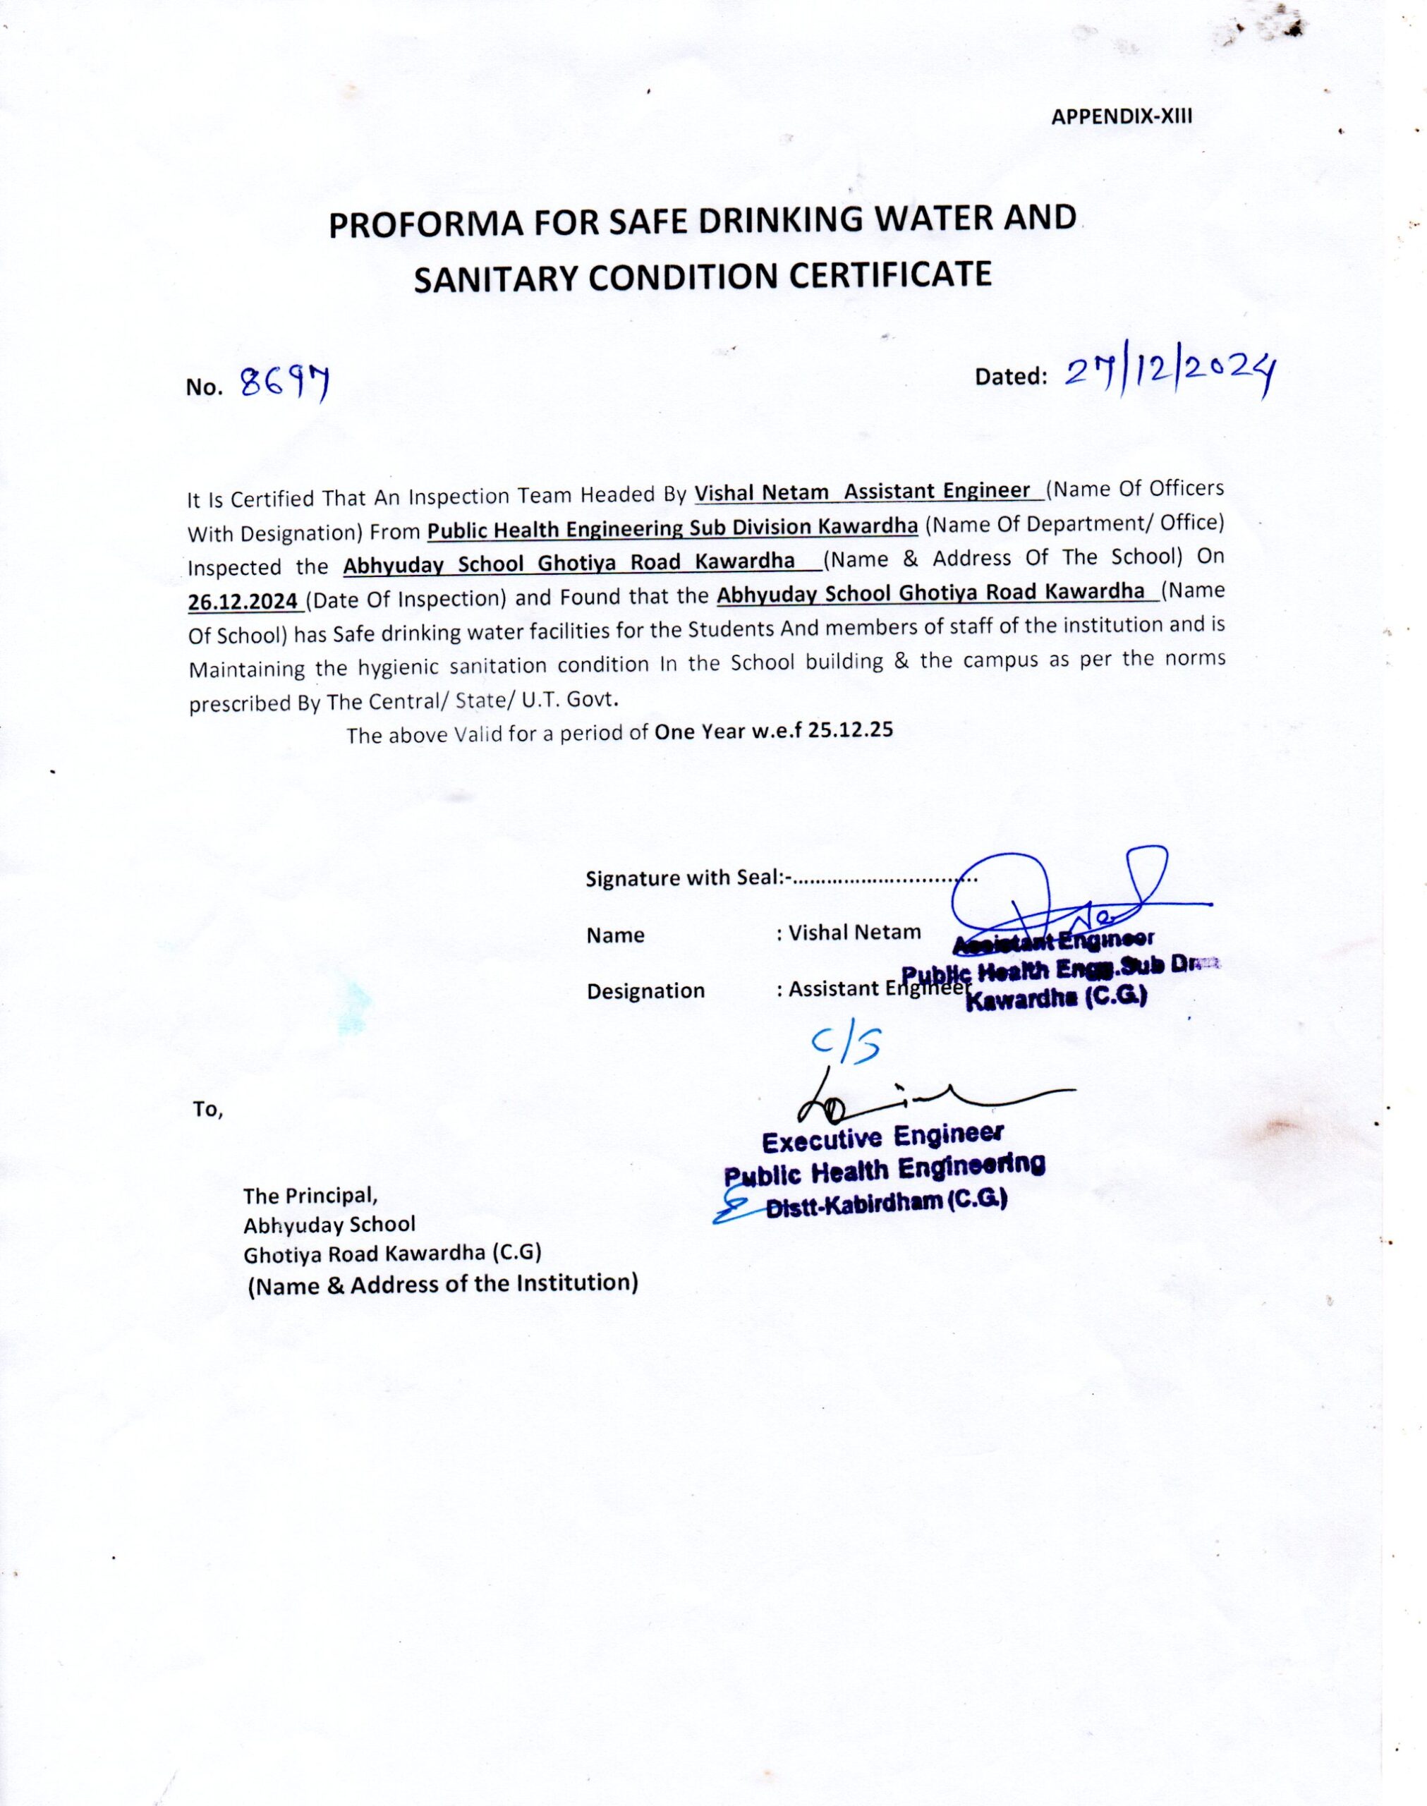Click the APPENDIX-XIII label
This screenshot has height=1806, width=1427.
1122,117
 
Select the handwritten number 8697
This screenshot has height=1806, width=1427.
284,383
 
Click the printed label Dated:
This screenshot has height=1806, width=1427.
1010,377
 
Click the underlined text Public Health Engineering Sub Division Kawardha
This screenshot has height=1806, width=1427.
672,528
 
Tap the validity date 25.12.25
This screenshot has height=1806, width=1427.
851,730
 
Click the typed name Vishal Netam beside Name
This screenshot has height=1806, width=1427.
854,932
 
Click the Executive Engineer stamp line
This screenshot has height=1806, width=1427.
882,1138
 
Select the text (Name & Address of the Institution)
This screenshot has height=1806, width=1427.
443,1284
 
